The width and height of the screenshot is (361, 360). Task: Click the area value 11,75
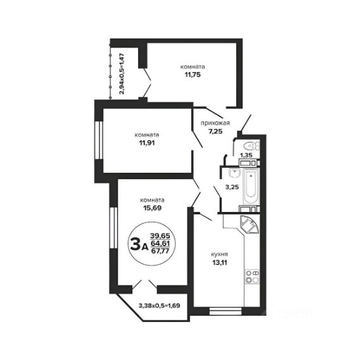pyautogui.click(x=193, y=75)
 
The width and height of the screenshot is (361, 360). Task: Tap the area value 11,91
pyautogui.click(x=147, y=143)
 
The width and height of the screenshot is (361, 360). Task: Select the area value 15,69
pyautogui.click(x=152, y=208)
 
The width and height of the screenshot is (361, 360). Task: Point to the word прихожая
pyautogui.click(x=215, y=123)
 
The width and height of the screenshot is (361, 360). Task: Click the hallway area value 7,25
pyautogui.click(x=215, y=132)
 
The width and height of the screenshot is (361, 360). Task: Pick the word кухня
pyautogui.click(x=220, y=254)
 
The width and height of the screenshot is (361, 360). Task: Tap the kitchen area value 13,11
pyautogui.click(x=220, y=263)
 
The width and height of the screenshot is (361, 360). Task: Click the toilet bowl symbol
pyautogui.click(x=251, y=146)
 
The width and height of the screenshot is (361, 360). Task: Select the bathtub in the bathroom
pyautogui.click(x=251, y=186)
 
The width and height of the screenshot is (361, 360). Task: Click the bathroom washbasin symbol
pyautogui.click(x=234, y=173)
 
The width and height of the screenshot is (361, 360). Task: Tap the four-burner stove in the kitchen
pyautogui.click(x=252, y=276)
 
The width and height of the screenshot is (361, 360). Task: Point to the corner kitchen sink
pyautogui.click(x=250, y=224)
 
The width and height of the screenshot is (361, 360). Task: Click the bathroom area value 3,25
pyautogui.click(x=232, y=187)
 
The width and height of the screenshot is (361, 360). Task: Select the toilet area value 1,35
pyautogui.click(x=246, y=155)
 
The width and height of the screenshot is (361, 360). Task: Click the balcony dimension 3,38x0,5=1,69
pyautogui.click(x=159, y=306)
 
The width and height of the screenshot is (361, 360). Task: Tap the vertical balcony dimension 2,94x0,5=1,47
pyautogui.click(x=122, y=74)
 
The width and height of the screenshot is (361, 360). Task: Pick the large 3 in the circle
pyautogui.click(x=136, y=244)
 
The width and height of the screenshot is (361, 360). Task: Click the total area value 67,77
pyautogui.click(x=160, y=251)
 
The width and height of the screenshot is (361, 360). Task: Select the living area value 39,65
pyautogui.click(x=160, y=236)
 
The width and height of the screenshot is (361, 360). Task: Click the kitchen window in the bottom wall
pyautogui.click(x=225, y=311)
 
